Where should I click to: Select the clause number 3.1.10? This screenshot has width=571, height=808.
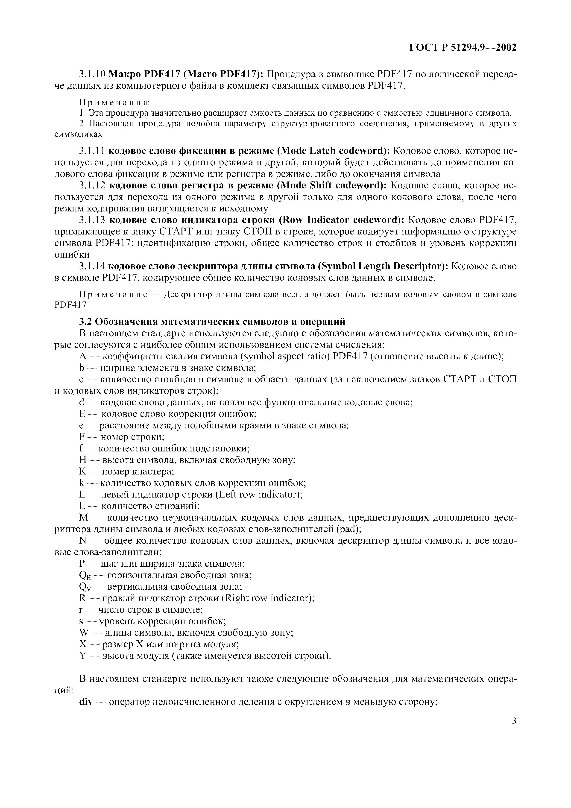(92, 75)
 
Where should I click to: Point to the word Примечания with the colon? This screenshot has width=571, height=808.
(115, 102)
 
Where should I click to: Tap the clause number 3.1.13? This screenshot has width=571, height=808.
(92, 220)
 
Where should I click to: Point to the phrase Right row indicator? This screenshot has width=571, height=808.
(266, 598)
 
